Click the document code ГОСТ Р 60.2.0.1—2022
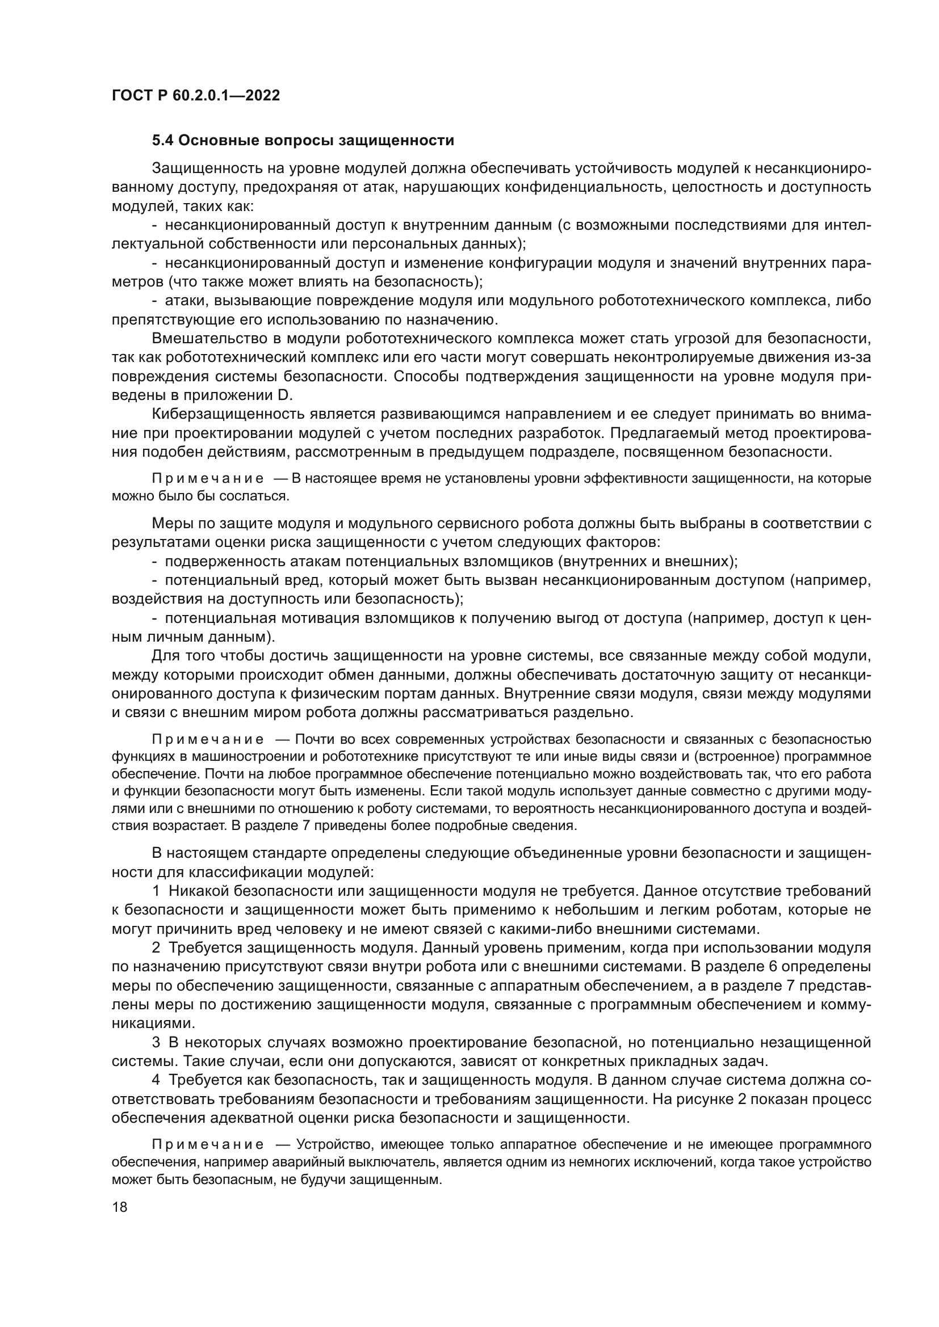tap(195, 96)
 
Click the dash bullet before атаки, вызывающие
tap(154, 301)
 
